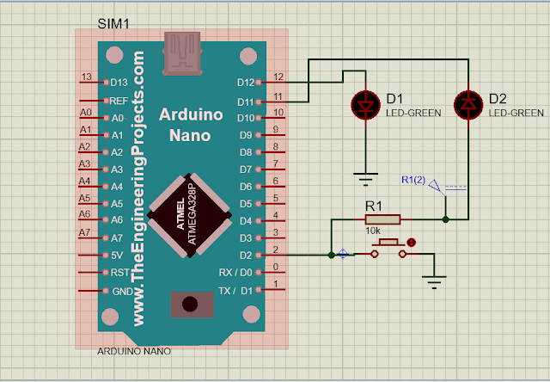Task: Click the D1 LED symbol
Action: point(368,105)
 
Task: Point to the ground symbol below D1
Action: point(368,179)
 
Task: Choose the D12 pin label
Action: point(245,83)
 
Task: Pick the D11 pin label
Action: point(245,101)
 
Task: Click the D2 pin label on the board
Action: point(247,256)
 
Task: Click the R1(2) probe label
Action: point(413,179)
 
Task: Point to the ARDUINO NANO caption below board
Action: point(133,352)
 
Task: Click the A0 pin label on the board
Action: point(118,118)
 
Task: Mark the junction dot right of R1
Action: point(445,220)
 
